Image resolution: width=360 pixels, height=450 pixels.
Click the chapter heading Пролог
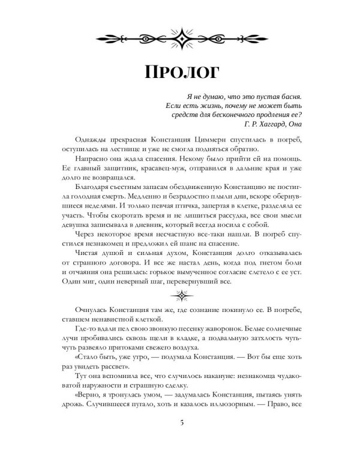(x=181, y=70)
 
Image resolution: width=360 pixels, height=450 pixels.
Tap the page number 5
(x=181, y=425)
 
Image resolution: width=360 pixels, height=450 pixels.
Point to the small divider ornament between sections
(x=181, y=295)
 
